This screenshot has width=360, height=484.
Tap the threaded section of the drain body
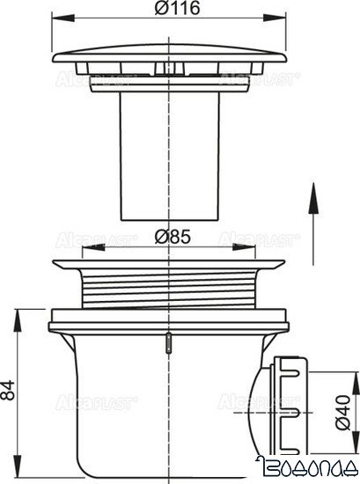tap(166, 286)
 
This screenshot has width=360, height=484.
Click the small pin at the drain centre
tap(166, 344)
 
